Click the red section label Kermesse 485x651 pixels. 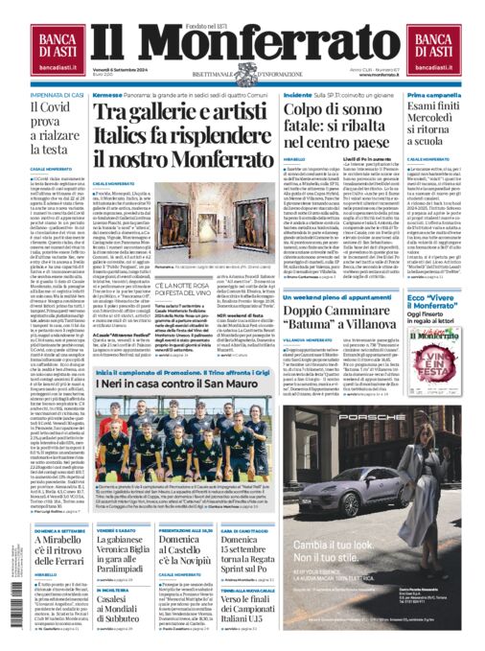coord(108,96)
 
